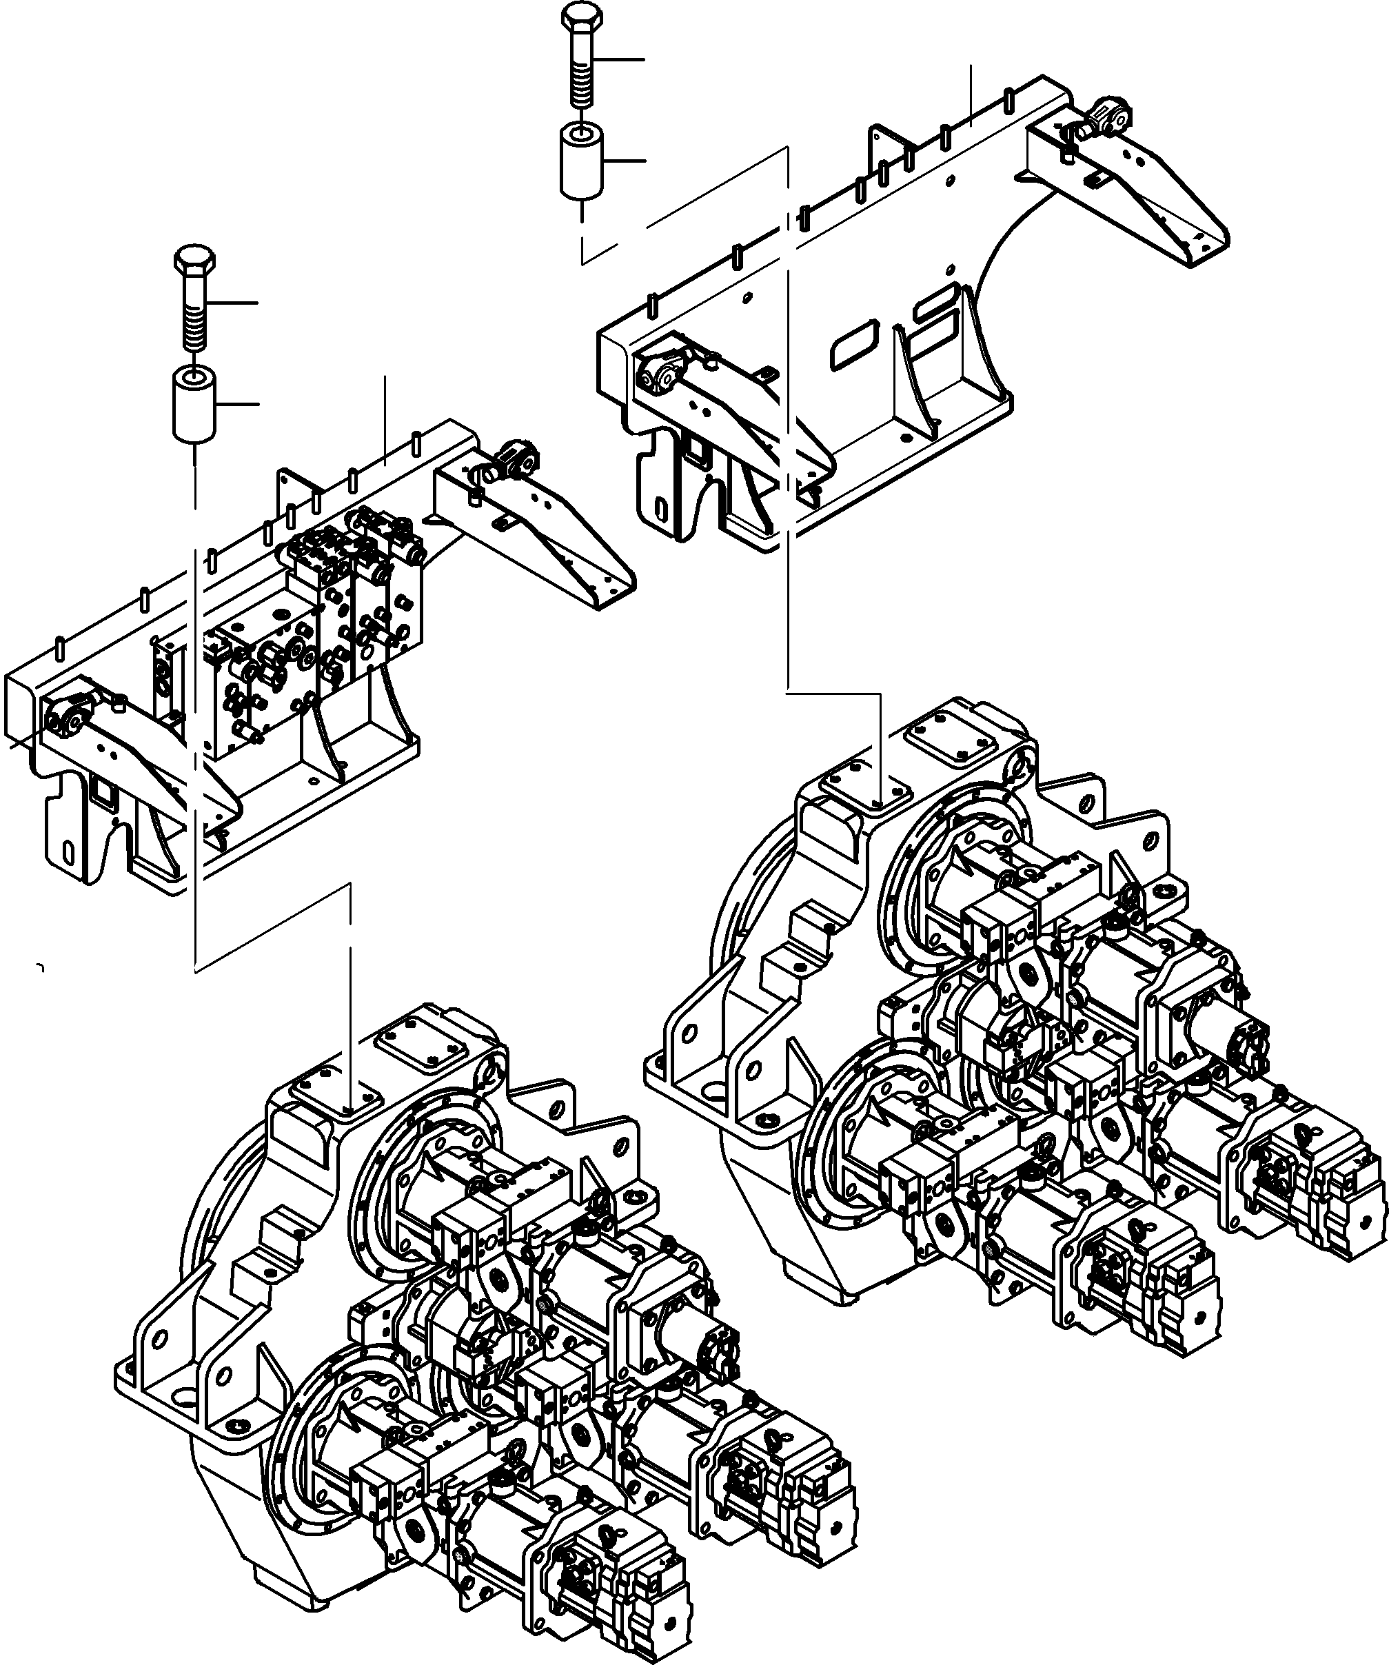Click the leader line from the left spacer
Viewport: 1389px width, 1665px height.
238,405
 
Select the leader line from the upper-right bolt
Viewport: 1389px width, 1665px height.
622,59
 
